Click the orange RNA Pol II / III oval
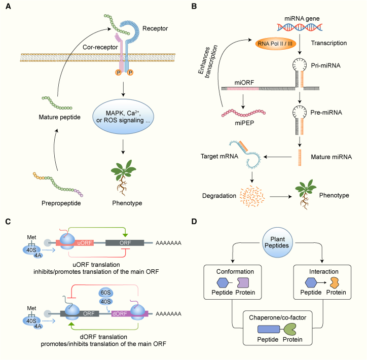275,44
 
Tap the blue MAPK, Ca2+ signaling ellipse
123,117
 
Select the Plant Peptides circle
277,242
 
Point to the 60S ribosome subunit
106,293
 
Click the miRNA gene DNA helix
300,27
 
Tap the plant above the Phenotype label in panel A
123,177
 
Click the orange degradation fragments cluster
252,196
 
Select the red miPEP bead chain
243,113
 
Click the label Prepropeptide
61,203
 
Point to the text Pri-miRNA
325,65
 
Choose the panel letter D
194,222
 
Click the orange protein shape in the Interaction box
335,282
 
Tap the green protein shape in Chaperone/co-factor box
290,329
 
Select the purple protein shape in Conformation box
243,283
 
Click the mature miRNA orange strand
300,158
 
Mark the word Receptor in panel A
155,28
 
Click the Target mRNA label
219,156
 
